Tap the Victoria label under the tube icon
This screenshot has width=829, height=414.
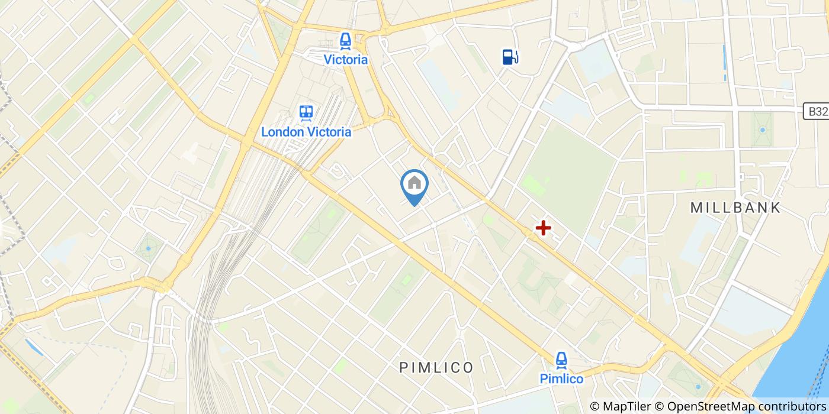pyautogui.click(x=345, y=60)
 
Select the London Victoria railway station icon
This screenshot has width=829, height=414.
pyautogui.click(x=306, y=113)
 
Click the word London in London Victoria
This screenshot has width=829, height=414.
pyautogui.click(x=282, y=131)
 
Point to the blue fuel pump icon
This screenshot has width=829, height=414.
pyautogui.click(x=510, y=56)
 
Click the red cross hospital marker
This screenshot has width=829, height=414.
pyautogui.click(x=542, y=227)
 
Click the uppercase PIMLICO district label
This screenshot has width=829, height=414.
pyautogui.click(x=436, y=368)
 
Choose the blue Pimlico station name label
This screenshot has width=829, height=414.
pyautogui.click(x=561, y=379)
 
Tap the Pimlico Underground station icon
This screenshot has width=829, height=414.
pyautogui.click(x=561, y=359)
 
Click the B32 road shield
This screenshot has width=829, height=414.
pyautogui.click(x=815, y=111)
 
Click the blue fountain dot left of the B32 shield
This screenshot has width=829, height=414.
pyautogui.click(x=762, y=130)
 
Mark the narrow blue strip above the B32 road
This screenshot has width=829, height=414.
pyautogui.click(x=724, y=62)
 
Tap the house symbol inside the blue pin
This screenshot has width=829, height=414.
pyautogui.click(x=415, y=183)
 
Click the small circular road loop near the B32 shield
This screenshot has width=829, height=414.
pyautogui.click(x=788, y=59)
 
